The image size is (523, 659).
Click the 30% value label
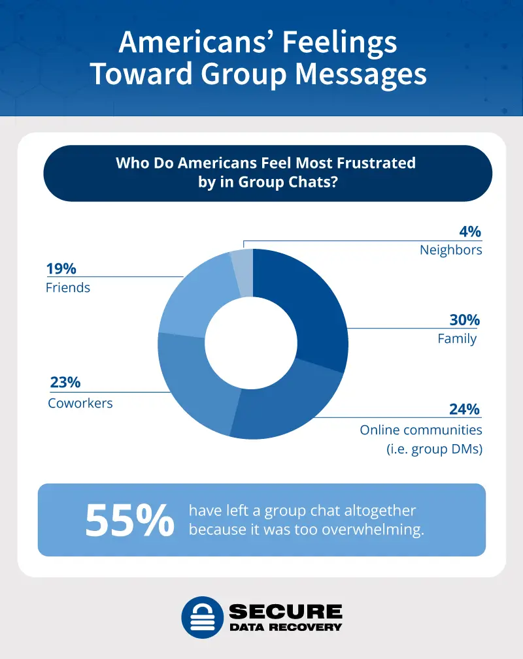click(x=464, y=320)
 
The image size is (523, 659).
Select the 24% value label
click(x=464, y=410)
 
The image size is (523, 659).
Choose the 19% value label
click(x=61, y=268)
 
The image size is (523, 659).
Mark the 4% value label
click(x=470, y=231)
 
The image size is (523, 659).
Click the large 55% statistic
click(x=130, y=520)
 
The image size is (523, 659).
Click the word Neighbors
click(x=450, y=250)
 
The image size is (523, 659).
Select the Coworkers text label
click(x=80, y=403)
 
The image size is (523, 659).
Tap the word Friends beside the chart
click(x=68, y=287)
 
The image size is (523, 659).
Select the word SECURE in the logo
click(x=285, y=611)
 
